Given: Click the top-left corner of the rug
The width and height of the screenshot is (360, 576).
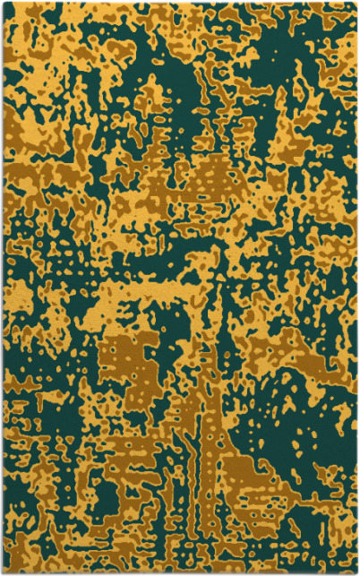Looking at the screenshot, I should tap(3, 3).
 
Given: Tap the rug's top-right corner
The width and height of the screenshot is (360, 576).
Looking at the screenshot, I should tap(356, 3).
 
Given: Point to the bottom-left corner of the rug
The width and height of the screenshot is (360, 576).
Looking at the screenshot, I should tap(3, 572).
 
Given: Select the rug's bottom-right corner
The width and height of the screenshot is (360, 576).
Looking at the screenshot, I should tap(356, 572).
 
